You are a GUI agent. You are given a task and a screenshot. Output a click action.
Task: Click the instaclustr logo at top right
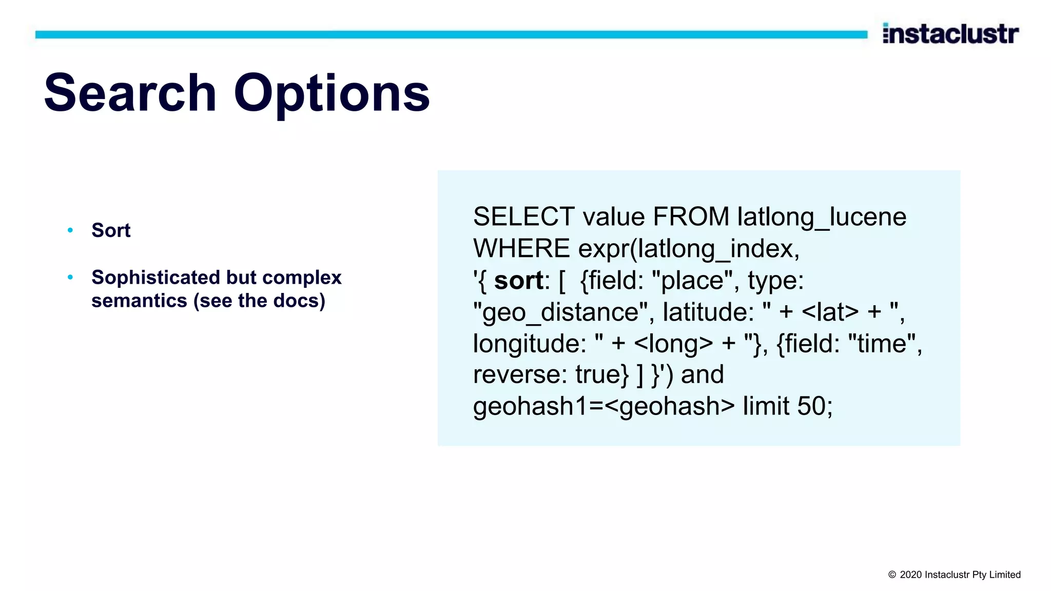pos(950,34)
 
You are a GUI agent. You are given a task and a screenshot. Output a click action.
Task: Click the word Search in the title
pos(130,93)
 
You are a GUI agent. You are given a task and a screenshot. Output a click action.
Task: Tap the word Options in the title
pos(332,93)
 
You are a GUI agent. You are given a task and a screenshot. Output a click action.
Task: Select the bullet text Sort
pos(111,230)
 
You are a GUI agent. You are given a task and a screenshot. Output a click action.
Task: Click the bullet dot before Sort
pos(70,230)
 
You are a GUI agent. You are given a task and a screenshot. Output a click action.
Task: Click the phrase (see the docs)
pos(259,301)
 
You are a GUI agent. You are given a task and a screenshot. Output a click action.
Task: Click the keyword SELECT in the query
pos(523,216)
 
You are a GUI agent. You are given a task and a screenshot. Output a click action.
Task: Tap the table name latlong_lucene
pos(821,216)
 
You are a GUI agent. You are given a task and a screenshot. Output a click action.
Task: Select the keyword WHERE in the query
pos(521,249)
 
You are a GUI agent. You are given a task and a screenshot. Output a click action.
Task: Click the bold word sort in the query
pos(518,281)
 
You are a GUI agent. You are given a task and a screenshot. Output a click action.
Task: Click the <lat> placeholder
pos(830,312)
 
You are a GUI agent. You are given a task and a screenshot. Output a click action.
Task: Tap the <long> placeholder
pos(673,344)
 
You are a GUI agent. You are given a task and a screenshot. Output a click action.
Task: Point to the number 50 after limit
pos(811,406)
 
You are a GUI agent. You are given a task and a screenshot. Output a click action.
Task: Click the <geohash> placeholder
pos(670,406)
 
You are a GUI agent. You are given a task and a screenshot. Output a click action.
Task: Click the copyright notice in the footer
pos(954,575)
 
